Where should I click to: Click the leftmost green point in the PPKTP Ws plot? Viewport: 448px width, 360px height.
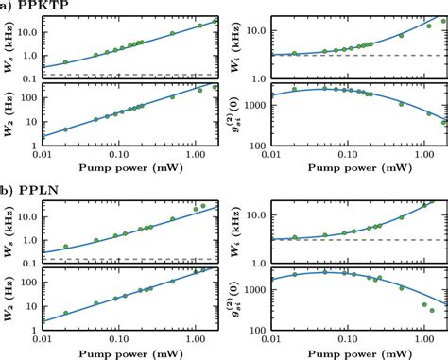click(65, 62)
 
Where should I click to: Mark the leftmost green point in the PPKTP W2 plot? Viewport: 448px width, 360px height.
click(65, 129)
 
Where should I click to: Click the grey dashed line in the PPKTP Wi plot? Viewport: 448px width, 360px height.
click(359, 56)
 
